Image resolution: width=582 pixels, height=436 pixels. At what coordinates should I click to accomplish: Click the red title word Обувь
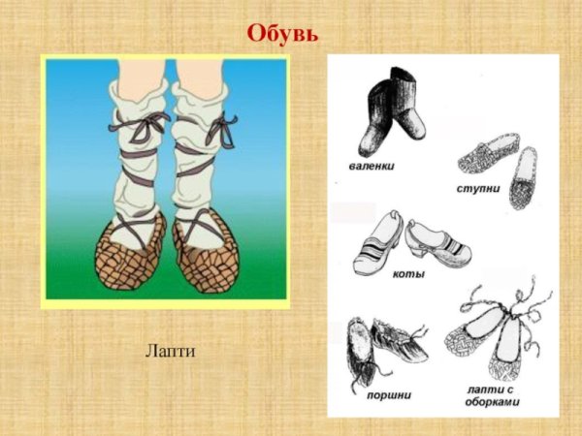(x=282, y=33)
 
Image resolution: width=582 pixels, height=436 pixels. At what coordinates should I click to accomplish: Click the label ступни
(x=477, y=188)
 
